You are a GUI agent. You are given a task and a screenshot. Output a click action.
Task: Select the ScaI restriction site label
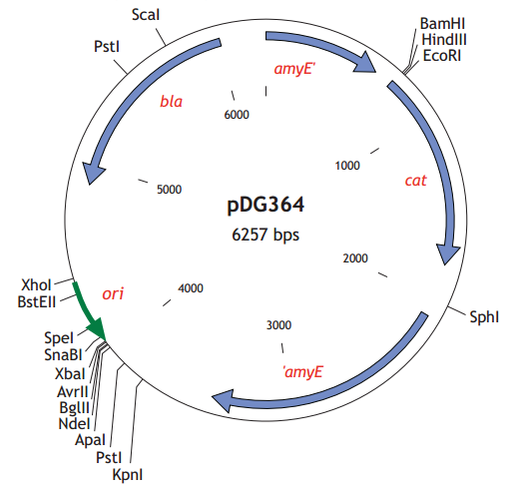click(x=146, y=15)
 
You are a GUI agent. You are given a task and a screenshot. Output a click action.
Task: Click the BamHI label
click(x=442, y=22)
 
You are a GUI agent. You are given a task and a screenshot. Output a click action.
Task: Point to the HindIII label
click(x=444, y=39)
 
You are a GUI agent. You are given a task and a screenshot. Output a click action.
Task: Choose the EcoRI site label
click(x=442, y=56)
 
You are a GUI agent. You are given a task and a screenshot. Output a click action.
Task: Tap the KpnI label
click(x=128, y=474)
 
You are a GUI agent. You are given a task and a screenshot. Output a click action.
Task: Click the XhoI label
click(x=36, y=283)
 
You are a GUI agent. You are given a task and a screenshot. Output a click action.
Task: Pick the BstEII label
click(x=37, y=299)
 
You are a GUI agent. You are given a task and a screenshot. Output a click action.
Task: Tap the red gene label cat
click(x=415, y=181)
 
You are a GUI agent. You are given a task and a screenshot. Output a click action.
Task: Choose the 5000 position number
click(x=172, y=189)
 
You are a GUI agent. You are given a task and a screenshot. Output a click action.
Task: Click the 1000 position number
click(x=346, y=166)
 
